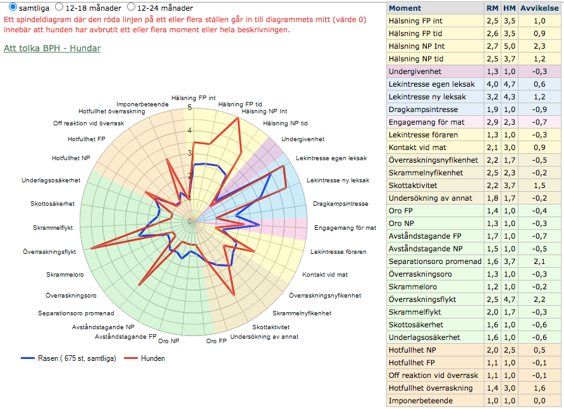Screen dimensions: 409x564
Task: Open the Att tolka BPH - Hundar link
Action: click(x=52, y=48)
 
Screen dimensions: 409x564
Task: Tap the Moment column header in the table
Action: click(x=405, y=8)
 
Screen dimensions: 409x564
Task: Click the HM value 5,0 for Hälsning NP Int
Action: click(x=510, y=46)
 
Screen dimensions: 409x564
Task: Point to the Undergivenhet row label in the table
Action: click(x=415, y=72)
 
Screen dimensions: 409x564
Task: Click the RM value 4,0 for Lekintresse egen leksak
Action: click(x=493, y=84)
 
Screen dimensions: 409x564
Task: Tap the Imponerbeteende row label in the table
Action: click(x=420, y=401)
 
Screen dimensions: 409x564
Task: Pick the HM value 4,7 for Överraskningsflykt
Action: click(x=510, y=299)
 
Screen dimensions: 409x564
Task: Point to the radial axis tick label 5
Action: click(x=190, y=108)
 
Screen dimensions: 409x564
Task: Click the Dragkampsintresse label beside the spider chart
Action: click(x=340, y=204)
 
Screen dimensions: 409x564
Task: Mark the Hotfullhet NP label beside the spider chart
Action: click(x=71, y=158)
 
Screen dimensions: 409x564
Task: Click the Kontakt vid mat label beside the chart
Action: click(x=324, y=275)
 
